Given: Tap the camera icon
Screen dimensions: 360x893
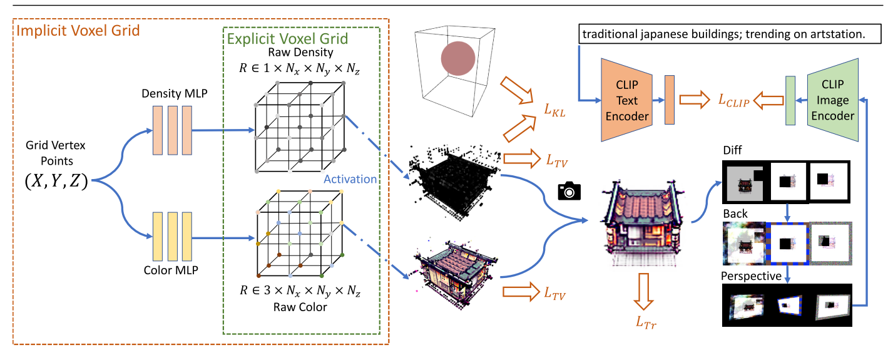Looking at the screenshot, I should coord(569,191).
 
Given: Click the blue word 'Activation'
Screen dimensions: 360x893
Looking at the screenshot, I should coord(350,178).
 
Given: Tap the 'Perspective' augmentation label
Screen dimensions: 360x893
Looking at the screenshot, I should coord(751,275).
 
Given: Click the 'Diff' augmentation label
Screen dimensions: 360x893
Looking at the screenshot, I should coord(733,151).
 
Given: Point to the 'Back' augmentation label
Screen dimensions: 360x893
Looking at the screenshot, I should coord(735,213).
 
